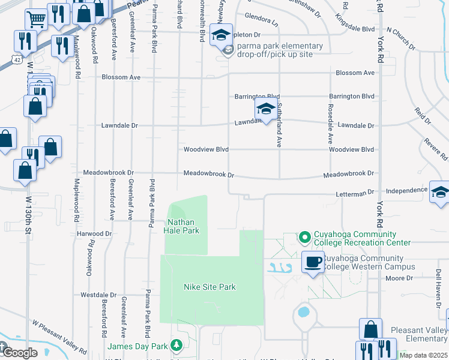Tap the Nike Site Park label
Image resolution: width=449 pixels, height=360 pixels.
click(x=209, y=287)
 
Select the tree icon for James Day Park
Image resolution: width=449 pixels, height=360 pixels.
click(x=176, y=345)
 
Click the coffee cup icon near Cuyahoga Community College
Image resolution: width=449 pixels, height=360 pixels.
click(x=313, y=262)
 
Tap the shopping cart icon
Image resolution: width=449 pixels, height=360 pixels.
click(x=37, y=20)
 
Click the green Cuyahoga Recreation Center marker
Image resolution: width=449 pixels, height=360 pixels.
click(x=304, y=238)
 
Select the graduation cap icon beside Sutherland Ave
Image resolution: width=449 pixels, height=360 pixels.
click(x=265, y=109)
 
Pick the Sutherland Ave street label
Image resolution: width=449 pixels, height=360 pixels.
click(x=279, y=125)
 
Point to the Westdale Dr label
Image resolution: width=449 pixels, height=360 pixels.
click(x=98, y=295)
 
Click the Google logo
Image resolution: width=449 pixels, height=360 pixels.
click(x=20, y=353)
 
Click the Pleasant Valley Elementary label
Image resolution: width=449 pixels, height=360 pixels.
click(x=418, y=334)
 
